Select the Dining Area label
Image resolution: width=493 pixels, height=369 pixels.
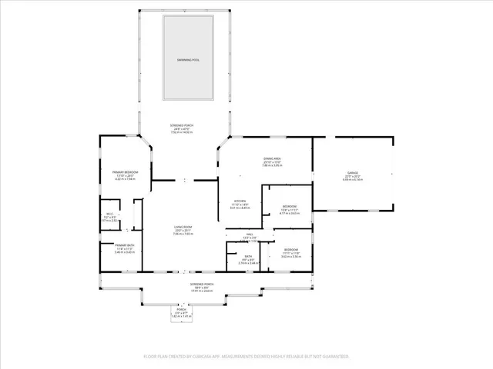(271, 158)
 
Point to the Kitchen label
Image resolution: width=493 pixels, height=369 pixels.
(240, 201)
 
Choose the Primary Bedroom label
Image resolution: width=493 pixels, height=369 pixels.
(124, 171)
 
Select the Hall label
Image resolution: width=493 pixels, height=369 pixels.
(250, 234)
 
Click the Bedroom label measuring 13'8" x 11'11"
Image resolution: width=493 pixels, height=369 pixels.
(289, 207)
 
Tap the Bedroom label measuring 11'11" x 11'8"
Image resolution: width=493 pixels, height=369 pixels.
(290, 250)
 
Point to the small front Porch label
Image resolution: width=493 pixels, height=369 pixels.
(181, 310)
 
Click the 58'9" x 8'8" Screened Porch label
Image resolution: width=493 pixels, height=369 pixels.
(201, 284)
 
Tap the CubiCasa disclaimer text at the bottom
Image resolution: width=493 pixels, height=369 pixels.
(246, 357)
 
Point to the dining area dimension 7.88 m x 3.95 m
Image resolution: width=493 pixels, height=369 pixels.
(271, 165)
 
